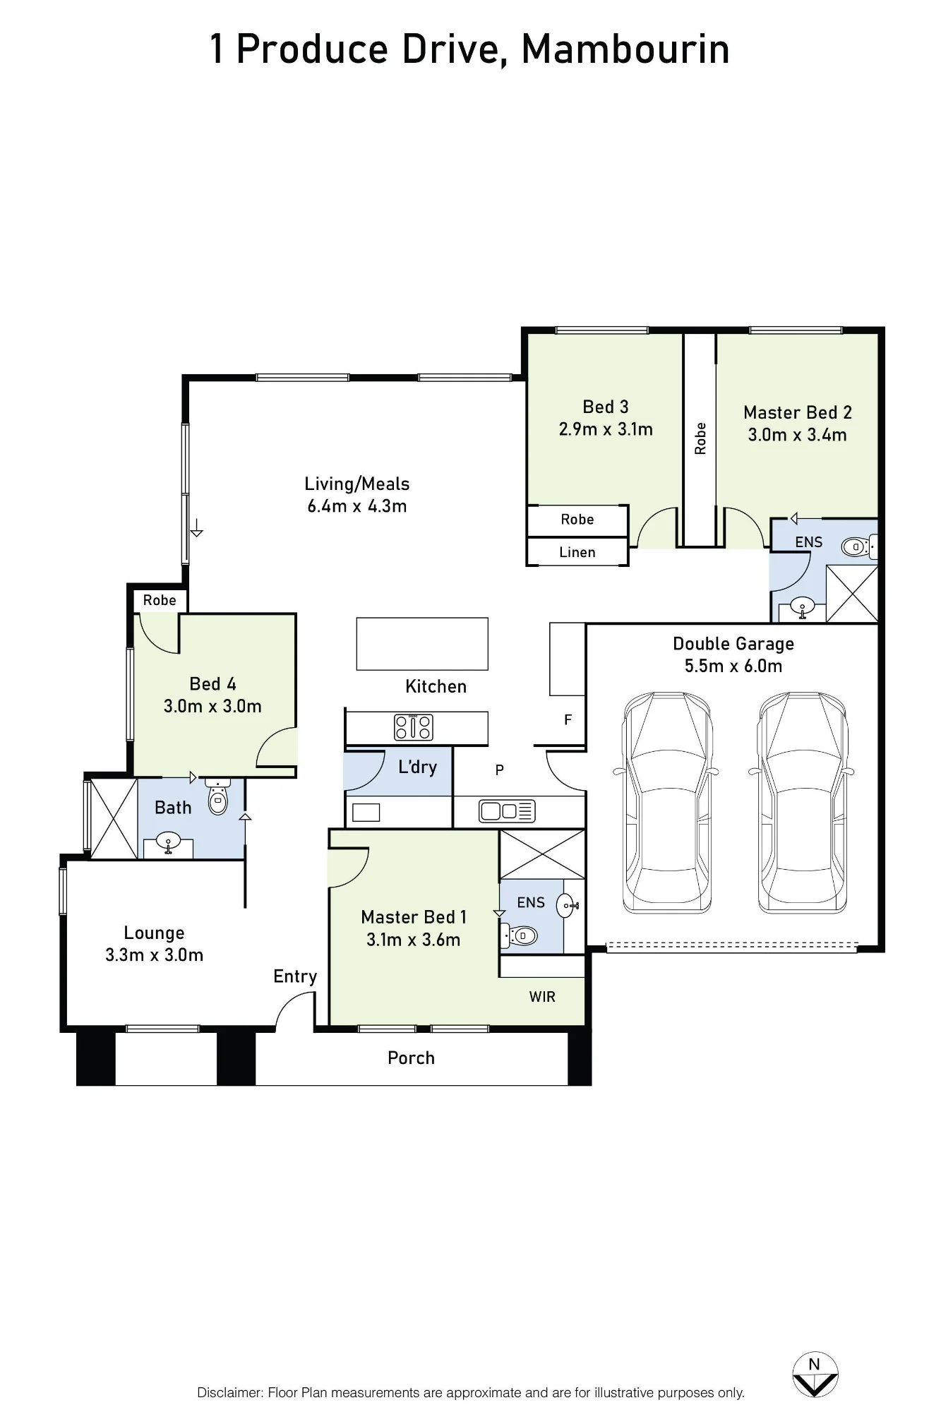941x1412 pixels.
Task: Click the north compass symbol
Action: (x=815, y=1375)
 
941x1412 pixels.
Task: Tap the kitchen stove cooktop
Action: (x=413, y=727)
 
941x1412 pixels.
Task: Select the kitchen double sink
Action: (x=507, y=811)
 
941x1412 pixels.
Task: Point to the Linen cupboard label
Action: (x=577, y=552)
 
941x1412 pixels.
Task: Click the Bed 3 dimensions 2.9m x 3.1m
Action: (x=606, y=429)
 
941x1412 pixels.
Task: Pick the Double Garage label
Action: (x=733, y=644)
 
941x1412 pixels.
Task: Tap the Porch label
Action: (x=411, y=1058)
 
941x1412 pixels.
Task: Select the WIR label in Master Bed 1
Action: (x=542, y=996)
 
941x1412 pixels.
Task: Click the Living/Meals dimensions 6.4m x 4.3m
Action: (x=357, y=506)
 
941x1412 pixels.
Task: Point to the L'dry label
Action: (x=417, y=767)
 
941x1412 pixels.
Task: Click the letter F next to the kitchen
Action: (x=568, y=720)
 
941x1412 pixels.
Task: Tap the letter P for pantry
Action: (x=500, y=770)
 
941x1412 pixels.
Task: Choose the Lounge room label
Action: (x=154, y=933)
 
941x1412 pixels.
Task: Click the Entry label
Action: (x=295, y=977)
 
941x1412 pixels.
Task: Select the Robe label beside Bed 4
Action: (x=160, y=600)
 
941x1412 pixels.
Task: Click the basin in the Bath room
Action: (x=168, y=843)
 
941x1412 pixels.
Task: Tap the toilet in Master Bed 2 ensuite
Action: (x=858, y=546)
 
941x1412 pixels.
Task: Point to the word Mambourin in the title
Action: (x=625, y=49)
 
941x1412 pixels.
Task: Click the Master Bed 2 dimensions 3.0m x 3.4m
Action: (x=798, y=435)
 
